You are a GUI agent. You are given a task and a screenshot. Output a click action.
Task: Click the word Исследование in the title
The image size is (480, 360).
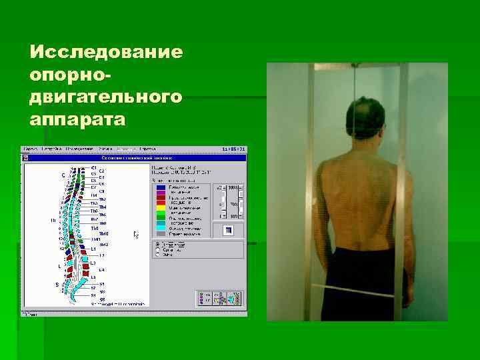(x=107, y=52)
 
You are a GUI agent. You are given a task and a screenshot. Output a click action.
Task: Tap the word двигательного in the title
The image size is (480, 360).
(x=105, y=97)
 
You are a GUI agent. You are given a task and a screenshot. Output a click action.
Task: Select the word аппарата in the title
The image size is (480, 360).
(x=77, y=120)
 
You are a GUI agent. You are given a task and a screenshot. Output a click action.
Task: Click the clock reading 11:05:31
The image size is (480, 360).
(x=233, y=149)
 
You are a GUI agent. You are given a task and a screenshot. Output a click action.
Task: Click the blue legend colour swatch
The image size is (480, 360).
(x=161, y=188)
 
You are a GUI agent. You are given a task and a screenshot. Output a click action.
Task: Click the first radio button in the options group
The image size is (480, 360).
(x=157, y=245)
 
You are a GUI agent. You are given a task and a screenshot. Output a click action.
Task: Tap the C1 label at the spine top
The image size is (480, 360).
(x=94, y=167)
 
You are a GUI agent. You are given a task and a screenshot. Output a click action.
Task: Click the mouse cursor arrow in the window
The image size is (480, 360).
(x=136, y=234)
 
